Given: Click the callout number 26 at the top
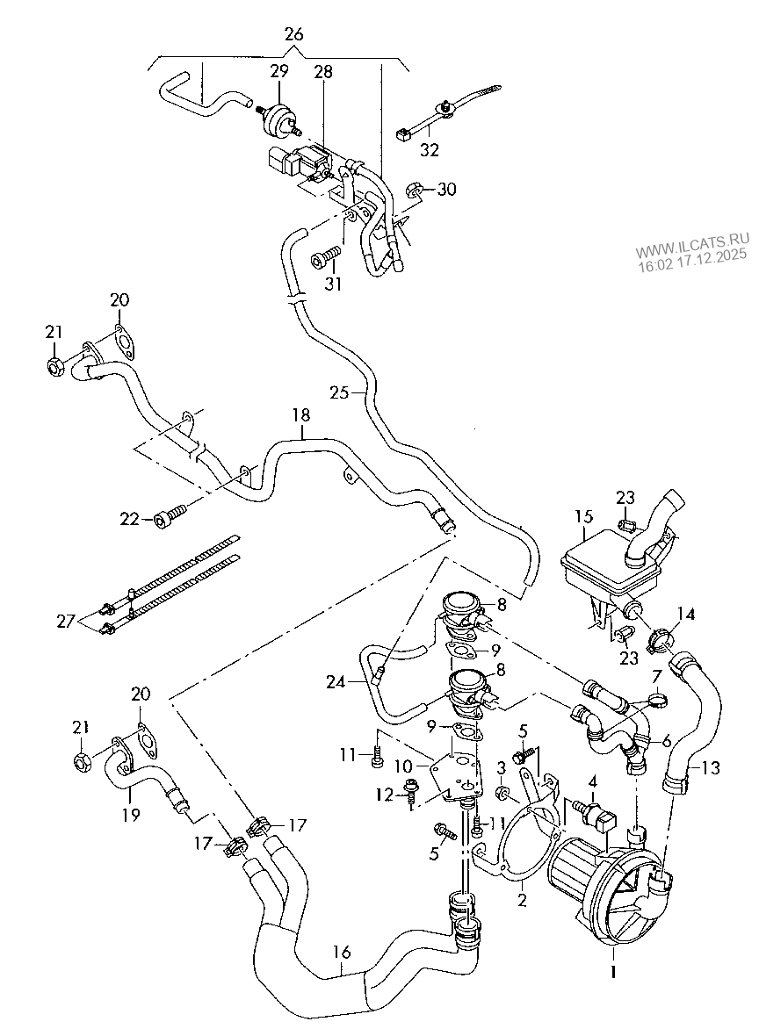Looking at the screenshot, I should tap(293, 35).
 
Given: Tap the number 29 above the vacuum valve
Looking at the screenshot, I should tap(278, 72).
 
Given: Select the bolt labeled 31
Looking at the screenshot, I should tap(327, 256).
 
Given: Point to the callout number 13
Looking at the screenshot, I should tap(710, 768).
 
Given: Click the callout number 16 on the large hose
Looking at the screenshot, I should tap(343, 951).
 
